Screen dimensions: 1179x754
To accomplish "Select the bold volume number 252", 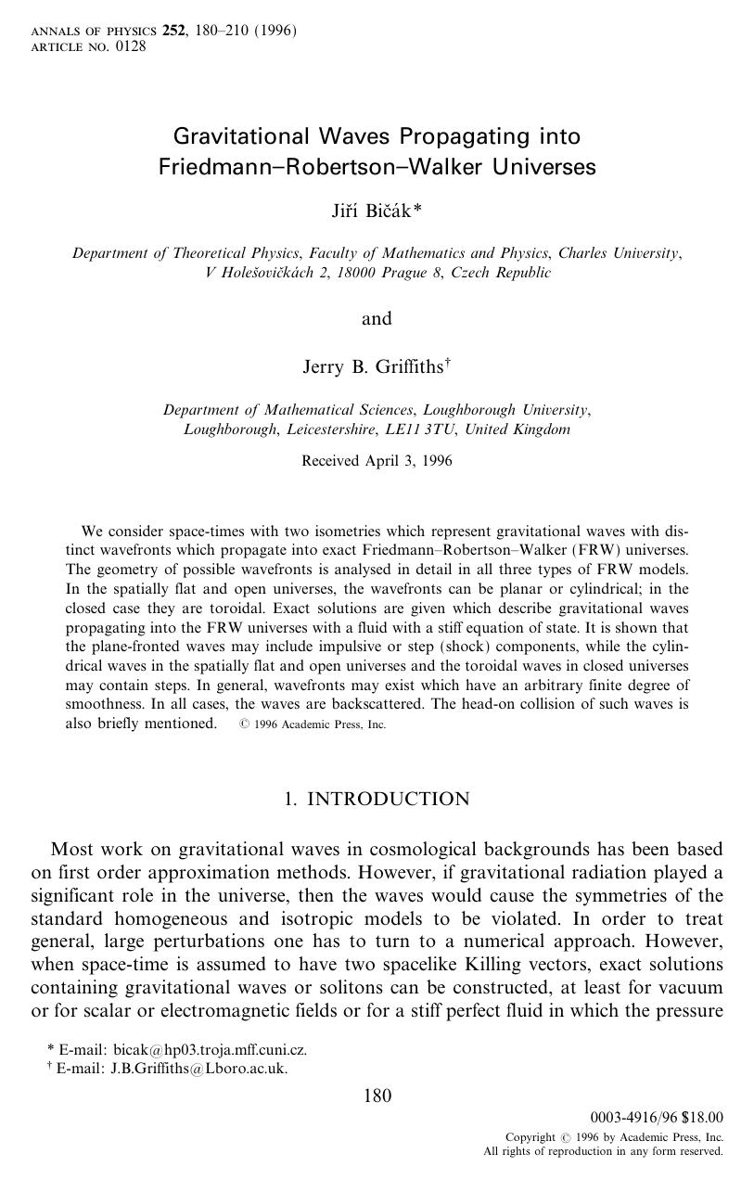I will [173, 31].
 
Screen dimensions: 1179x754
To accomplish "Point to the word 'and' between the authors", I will [377, 319].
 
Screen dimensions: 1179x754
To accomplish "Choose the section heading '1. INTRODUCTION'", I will [377, 799].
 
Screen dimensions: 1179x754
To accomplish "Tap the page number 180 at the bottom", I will [377, 1096].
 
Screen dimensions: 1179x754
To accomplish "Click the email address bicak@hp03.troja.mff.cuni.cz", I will [210, 1050].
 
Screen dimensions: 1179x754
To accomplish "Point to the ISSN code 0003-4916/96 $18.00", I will [656, 1119].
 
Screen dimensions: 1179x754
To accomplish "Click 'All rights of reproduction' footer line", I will [603, 1151].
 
